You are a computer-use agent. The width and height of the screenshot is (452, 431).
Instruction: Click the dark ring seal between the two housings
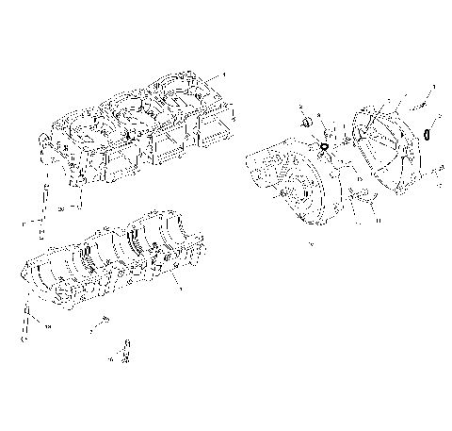pyautogui.click(x=324, y=148)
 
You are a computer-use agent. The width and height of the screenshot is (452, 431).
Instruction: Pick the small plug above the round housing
pyautogui.click(x=306, y=124)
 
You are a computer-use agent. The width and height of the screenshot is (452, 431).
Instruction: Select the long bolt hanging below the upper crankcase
pyautogui.click(x=42, y=219)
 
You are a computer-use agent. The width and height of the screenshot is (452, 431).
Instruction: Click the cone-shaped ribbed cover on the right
pyautogui.click(x=386, y=151)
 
